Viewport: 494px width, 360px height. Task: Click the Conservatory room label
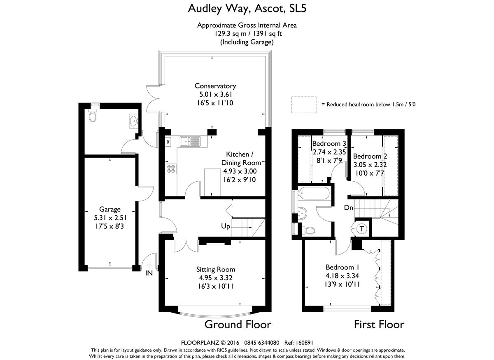coord(215,86)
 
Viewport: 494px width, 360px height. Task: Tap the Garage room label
coord(110,209)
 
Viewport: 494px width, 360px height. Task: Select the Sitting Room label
coord(216,269)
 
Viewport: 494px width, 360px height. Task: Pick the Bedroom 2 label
coord(370,157)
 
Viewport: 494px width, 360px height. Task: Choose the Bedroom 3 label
coord(329,144)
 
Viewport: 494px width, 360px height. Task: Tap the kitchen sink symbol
coord(190,142)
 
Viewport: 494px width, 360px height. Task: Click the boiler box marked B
coord(168,142)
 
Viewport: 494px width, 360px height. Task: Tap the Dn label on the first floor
coord(349,208)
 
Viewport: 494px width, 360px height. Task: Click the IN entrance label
coord(149,272)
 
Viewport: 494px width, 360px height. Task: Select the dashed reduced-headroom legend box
coord(304,105)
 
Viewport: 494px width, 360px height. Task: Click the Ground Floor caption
coord(238,324)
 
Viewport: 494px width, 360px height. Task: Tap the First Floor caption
coord(379,324)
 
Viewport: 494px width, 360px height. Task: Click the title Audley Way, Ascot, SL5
coord(247,8)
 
